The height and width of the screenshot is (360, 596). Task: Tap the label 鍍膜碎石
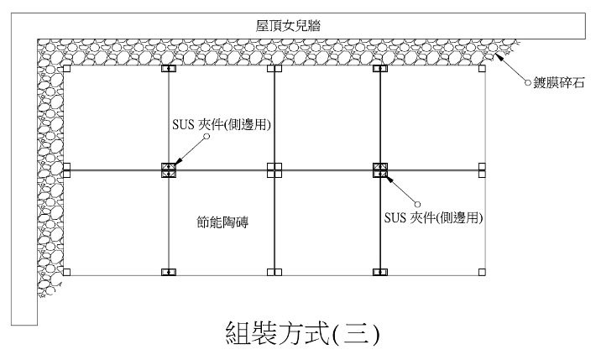click(x=557, y=82)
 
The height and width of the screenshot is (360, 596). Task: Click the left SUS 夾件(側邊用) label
click(x=223, y=124)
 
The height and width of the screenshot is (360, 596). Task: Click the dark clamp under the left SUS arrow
click(x=170, y=170)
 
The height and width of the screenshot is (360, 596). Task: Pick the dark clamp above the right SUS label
click(x=380, y=170)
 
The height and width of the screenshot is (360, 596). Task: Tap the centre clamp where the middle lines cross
click(x=274, y=170)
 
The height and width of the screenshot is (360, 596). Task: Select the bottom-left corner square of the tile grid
click(x=66, y=272)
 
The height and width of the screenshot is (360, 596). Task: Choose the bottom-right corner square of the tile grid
click(x=482, y=272)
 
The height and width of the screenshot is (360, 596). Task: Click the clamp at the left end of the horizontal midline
click(x=66, y=170)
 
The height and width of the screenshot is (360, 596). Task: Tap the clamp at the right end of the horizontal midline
click(x=482, y=170)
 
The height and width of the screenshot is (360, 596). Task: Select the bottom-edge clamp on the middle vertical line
click(x=274, y=272)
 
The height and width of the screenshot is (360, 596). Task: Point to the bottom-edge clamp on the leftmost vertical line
click(x=170, y=272)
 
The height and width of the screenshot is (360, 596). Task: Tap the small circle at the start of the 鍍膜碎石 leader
click(x=528, y=83)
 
